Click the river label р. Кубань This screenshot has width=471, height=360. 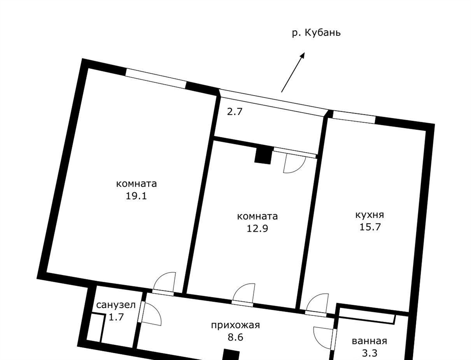click(x=316, y=33)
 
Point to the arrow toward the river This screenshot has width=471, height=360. click(x=293, y=72)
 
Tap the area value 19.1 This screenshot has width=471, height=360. click(x=136, y=196)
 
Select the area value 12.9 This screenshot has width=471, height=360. click(x=257, y=229)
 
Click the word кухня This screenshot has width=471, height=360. click(x=370, y=215)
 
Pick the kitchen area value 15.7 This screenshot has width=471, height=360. click(x=370, y=227)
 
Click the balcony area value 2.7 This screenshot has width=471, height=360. click(x=234, y=112)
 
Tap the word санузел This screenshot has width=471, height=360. click(x=116, y=305)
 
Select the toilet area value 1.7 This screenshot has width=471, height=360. click(x=116, y=317)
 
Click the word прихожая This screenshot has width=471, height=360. click(x=235, y=325)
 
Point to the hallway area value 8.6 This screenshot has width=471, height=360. click(x=235, y=337)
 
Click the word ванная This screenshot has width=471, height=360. click(x=369, y=341)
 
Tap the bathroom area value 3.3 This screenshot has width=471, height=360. click(x=369, y=353)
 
